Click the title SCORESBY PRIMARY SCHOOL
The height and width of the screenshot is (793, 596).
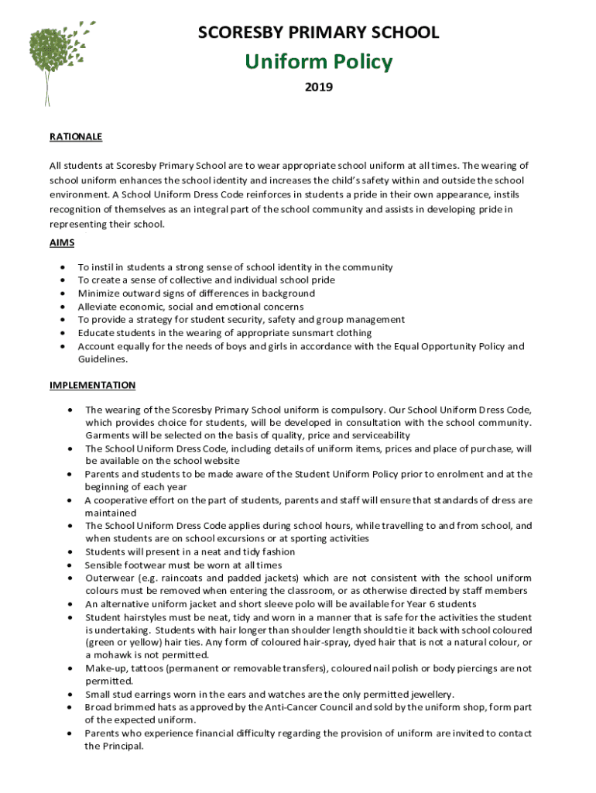(x=318, y=33)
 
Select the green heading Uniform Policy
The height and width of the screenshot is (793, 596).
(x=318, y=62)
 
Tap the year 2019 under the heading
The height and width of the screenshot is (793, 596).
(x=318, y=88)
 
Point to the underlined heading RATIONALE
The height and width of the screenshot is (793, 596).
(x=76, y=136)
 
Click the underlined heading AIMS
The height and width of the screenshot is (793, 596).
(x=62, y=242)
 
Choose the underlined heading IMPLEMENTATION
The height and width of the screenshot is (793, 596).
(x=92, y=385)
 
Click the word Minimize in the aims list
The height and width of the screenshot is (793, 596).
(x=99, y=294)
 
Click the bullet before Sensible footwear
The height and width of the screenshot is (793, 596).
(x=70, y=565)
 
